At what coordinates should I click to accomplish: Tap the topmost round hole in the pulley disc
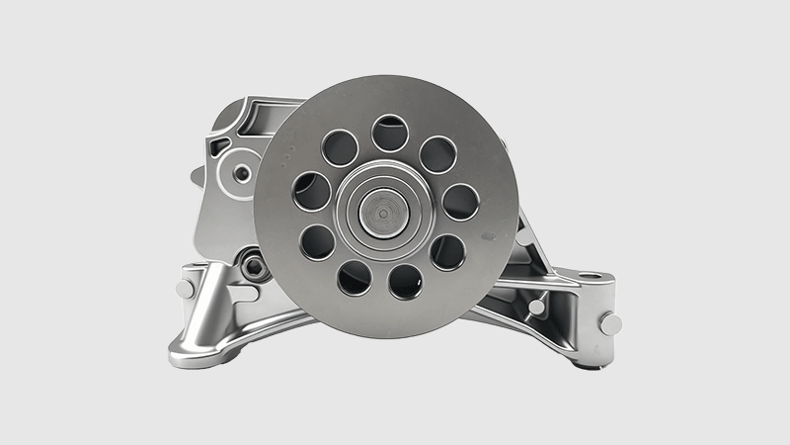tap(390, 133)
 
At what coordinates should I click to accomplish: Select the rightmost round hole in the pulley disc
tap(460, 202)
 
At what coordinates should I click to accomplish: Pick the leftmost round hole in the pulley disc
tap(312, 191)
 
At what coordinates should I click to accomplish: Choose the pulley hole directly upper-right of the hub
tap(438, 154)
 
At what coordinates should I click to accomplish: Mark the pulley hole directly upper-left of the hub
tap(340, 147)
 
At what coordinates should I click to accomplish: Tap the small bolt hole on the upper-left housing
tap(242, 175)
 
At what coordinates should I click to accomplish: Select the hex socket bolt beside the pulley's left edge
tap(254, 265)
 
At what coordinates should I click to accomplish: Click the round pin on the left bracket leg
tap(185, 289)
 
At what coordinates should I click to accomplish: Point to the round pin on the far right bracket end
tap(610, 323)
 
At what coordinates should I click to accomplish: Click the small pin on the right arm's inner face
tap(536, 308)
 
